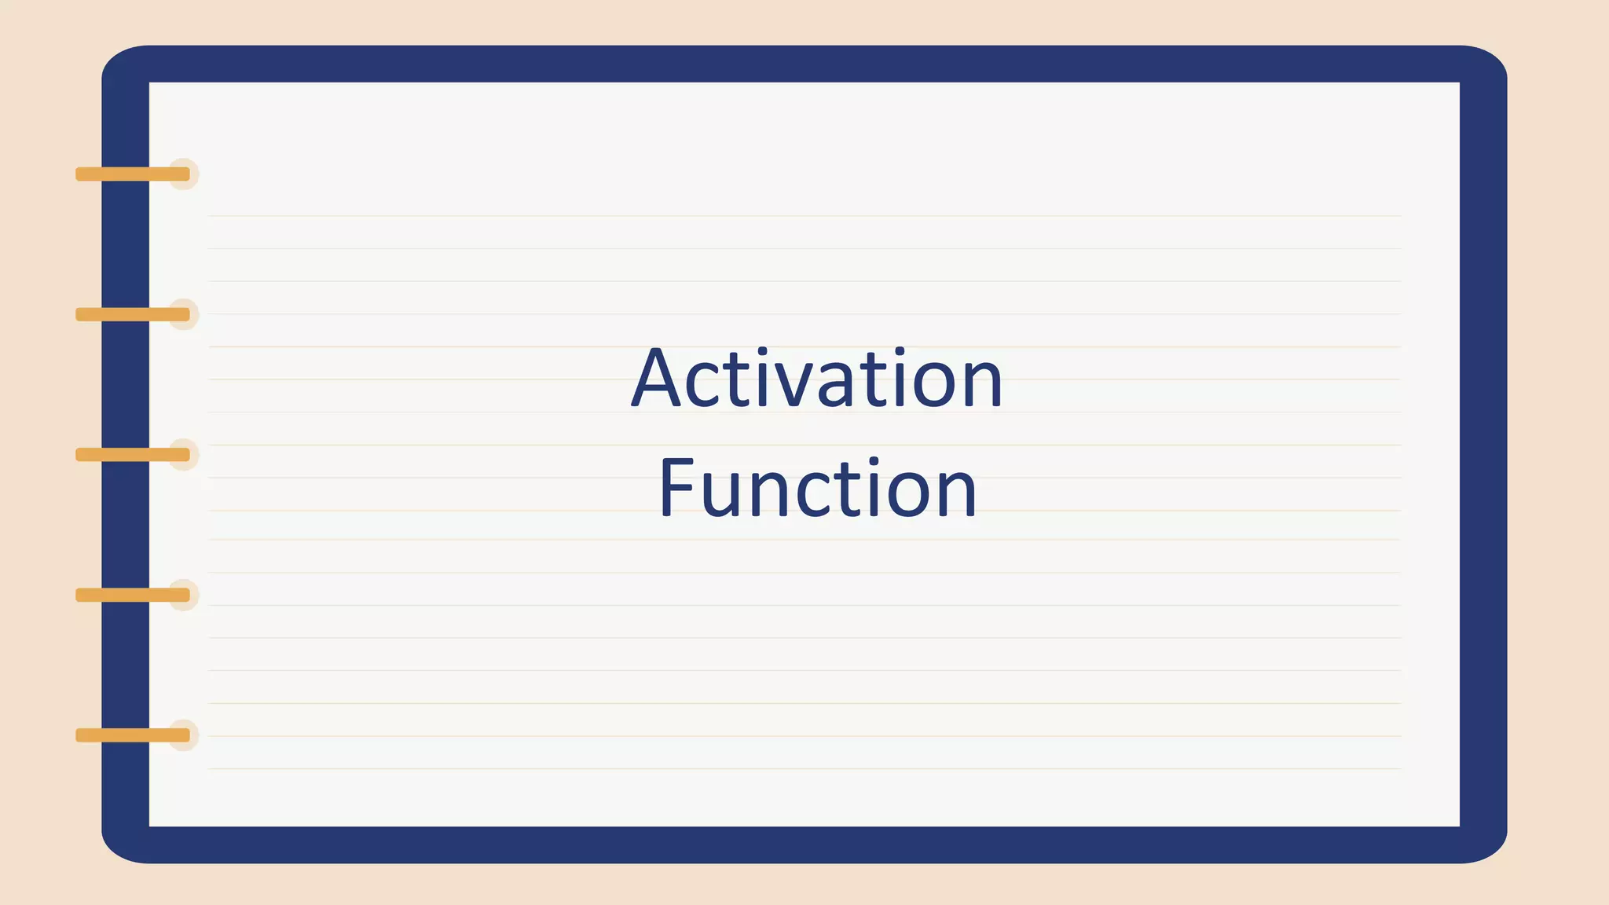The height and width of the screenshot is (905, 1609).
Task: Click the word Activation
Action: (817, 379)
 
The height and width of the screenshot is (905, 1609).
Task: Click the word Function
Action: (817, 489)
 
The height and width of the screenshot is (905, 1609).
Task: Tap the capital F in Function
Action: (676, 489)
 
